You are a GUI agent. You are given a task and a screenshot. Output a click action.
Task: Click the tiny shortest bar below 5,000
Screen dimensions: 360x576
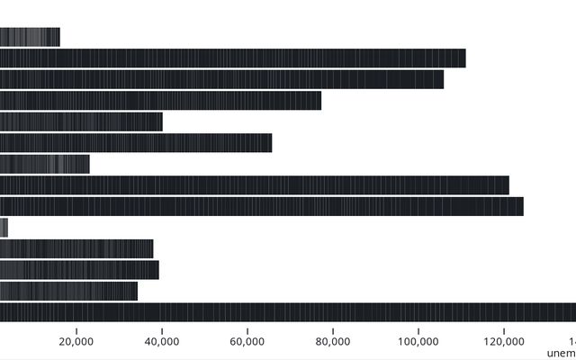click(4, 228)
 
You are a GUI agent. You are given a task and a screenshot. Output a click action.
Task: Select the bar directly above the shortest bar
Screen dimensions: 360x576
click(261, 206)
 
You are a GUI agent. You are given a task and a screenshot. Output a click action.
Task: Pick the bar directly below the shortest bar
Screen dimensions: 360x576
click(76, 248)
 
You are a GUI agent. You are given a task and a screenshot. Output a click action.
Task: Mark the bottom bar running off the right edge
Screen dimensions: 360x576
click(288, 312)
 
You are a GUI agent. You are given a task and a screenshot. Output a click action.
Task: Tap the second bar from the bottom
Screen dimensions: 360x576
click(68, 291)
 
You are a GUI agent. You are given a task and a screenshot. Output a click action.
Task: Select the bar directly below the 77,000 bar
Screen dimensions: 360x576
click(81, 121)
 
